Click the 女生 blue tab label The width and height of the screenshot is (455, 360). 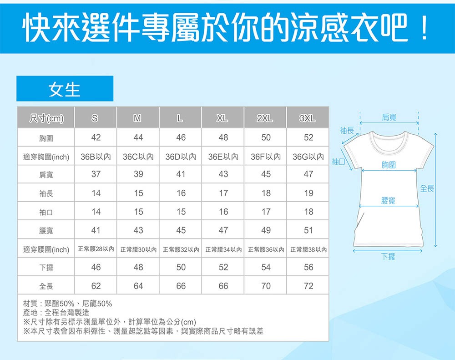pos(65,89)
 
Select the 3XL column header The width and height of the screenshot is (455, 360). pos(307,118)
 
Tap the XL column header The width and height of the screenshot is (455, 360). pos(222,118)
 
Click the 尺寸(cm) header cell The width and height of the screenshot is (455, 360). pos(46,118)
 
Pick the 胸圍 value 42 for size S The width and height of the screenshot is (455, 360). pos(96,137)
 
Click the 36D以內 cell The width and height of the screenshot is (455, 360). pos(181,157)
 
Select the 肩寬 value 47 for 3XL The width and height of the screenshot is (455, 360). pos(308,174)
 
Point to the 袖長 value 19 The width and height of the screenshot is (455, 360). pos(308,193)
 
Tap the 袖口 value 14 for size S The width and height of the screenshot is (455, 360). pos(96,212)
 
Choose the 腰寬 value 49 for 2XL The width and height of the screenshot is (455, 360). pos(266,230)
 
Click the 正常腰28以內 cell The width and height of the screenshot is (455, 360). pos(96,249)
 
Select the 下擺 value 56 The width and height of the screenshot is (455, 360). pos(308,267)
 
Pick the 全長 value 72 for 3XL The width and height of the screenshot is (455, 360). pos(308,286)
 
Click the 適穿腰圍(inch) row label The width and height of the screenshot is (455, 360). pos(46,250)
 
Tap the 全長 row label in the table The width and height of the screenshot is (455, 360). pos(46,286)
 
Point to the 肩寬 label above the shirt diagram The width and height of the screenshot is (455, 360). pos(389,117)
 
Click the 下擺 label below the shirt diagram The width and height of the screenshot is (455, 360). pos(388,256)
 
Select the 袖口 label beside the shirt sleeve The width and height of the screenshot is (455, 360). pos(338,162)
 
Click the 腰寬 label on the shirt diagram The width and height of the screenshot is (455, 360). pos(388,200)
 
